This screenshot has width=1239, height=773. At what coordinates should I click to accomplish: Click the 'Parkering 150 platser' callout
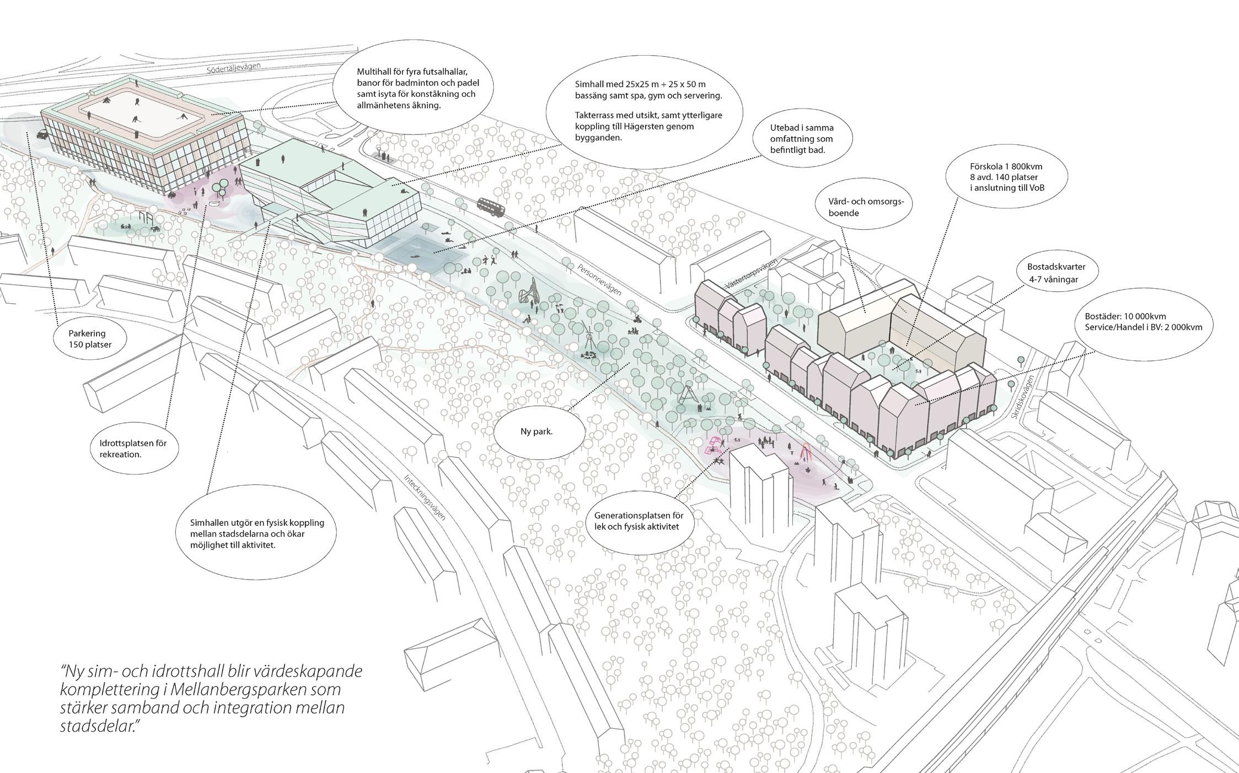pyautogui.click(x=90, y=339)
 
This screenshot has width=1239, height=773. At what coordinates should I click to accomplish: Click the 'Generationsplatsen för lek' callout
pyautogui.click(x=639, y=521)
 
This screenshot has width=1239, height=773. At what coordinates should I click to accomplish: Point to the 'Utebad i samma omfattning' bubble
pyautogui.click(x=801, y=139)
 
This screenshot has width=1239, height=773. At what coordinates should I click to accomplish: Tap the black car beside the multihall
pyautogui.click(x=42, y=134)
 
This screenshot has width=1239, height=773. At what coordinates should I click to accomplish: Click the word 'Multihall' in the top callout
pyautogui.click(x=373, y=72)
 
